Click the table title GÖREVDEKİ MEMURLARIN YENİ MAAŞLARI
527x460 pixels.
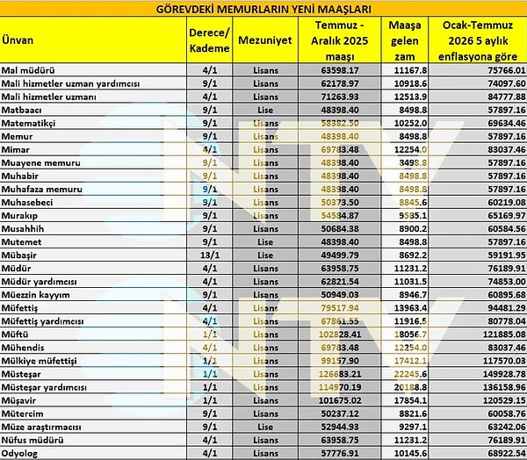point(263,8)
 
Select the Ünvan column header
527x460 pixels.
point(18,40)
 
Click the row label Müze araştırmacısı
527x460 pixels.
point(48,426)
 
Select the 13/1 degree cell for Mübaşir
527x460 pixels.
point(209,254)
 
